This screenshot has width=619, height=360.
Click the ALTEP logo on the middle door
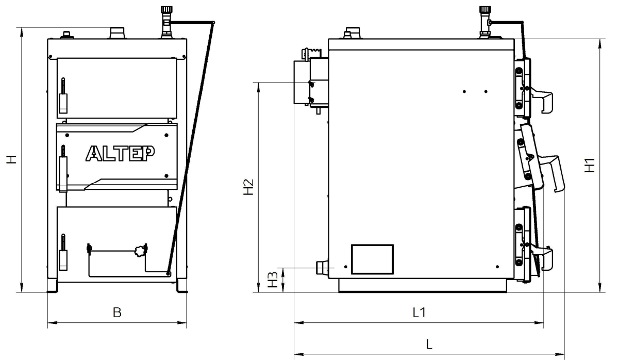120,153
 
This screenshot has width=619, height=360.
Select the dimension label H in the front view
12,159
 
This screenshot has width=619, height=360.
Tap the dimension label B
117,313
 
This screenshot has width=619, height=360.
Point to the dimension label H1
590,166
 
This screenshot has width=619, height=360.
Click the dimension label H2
248,187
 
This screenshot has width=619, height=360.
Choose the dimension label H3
273,280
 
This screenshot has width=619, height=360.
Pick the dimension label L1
419,313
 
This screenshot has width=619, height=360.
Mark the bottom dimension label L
429,344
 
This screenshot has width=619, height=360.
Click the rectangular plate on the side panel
372,259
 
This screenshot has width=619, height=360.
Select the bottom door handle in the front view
63,252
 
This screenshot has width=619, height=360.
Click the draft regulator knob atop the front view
166,11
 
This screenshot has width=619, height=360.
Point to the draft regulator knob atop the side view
485,11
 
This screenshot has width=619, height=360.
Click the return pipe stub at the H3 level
322,267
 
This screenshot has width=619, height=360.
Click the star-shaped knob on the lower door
140,251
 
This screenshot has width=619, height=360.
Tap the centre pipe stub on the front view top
118,32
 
